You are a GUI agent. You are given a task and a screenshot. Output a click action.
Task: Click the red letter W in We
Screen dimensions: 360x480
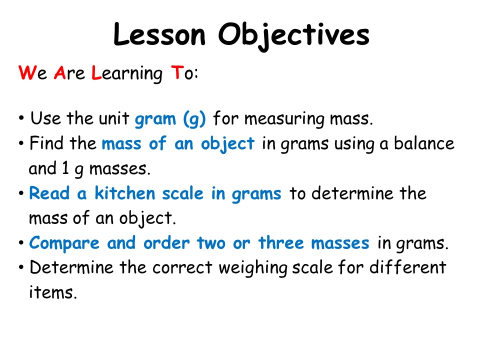(25, 73)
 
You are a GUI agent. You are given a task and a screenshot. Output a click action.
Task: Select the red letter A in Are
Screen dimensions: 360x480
(59, 73)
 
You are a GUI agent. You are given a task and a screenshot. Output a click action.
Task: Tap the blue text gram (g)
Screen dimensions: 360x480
(170, 120)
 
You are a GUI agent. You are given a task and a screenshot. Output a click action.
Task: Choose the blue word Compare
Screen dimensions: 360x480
(64, 243)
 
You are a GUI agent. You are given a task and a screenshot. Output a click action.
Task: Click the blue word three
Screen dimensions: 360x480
(281, 243)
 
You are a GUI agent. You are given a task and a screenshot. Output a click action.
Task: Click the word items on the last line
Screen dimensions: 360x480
(52, 292)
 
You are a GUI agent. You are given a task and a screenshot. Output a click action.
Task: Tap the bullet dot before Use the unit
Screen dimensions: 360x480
(21, 120)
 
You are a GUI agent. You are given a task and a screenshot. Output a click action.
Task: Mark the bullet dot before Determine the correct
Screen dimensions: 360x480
(21, 268)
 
